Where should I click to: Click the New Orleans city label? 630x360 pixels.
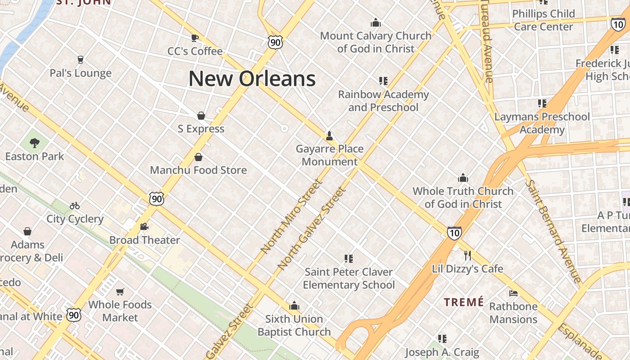click(x=252, y=79)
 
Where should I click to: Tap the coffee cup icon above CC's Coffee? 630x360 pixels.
click(x=195, y=38)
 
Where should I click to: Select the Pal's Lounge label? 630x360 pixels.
click(x=81, y=73)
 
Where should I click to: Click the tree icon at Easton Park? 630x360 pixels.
click(x=34, y=143)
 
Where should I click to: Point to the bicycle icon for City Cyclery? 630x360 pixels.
click(x=75, y=206)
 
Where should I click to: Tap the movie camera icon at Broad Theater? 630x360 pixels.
click(x=144, y=227)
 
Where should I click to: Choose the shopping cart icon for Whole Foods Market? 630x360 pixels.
click(x=120, y=292)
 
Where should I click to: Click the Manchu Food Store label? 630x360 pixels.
click(x=198, y=170)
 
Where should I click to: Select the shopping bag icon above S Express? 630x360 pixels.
click(x=201, y=116)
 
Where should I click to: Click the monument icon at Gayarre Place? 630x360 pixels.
click(x=329, y=135)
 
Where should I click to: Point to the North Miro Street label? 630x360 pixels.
click(x=292, y=216)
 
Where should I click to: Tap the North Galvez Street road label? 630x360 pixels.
click(x=312, y=228)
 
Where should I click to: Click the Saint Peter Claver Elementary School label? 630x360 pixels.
click(x=349, y=278)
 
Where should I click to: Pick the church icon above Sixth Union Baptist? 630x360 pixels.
click(x=294, y=306)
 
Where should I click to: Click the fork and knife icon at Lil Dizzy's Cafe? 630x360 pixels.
click(x=468, y=256)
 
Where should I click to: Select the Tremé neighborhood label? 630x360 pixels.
click(x=464, y=302)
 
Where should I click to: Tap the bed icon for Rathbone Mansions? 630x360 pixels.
click(x=513, y=293)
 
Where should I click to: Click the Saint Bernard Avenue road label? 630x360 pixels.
click(x=554, y=231)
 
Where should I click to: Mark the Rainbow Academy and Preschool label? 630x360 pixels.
click(x=383, y=101)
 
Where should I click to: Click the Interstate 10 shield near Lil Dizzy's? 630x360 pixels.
click(x=454, y=233)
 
